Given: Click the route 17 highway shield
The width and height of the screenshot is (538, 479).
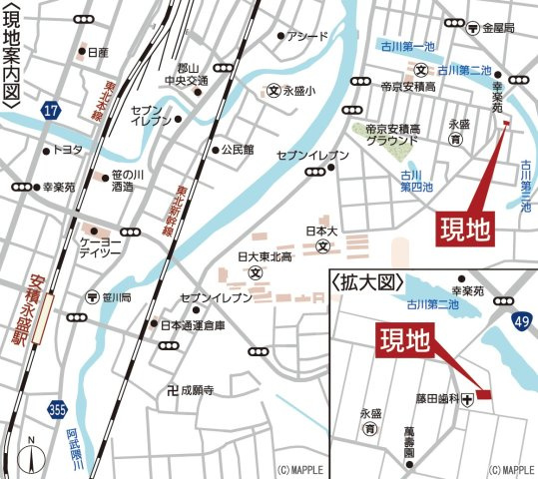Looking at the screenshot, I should click(50, 111).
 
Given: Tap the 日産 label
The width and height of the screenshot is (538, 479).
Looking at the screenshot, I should click(97, 52).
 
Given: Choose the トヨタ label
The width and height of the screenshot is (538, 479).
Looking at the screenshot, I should click(67, 151).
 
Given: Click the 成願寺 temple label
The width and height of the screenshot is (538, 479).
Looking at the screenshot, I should click(199, 389).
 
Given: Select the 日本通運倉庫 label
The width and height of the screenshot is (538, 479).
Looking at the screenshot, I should click(194, 324).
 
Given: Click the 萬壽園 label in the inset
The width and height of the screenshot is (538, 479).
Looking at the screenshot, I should click(408, 441).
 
